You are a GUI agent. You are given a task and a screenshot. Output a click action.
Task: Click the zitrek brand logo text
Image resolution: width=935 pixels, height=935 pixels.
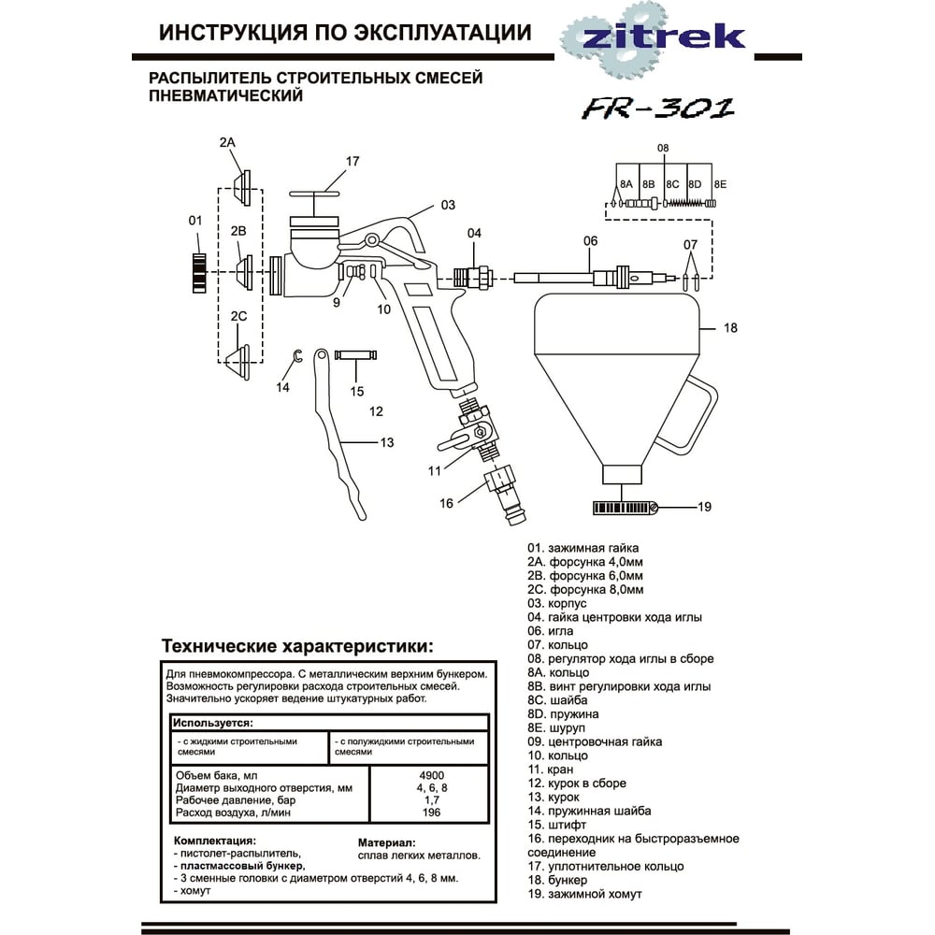(x=664, y=36)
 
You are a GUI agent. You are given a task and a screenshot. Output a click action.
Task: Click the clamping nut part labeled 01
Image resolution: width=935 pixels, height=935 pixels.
(x=198, y=272)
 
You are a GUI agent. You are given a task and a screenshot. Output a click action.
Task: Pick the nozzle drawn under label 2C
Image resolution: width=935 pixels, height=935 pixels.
(x=241, y=360)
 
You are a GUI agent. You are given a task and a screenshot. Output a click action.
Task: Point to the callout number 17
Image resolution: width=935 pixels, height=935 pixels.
(x=352, y=161)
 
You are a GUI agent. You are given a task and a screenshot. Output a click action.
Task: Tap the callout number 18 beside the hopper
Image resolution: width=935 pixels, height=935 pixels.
(x=730, y=328)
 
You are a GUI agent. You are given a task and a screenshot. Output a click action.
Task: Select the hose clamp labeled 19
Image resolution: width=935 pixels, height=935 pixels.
(x=625, y=508)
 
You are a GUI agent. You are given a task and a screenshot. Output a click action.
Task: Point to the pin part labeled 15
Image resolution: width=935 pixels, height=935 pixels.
(x=356, y=357)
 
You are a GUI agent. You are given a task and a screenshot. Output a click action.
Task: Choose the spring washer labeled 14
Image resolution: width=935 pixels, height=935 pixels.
(x=297, y=356)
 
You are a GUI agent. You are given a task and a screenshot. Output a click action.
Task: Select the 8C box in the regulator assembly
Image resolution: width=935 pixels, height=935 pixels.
(x=673, y=185)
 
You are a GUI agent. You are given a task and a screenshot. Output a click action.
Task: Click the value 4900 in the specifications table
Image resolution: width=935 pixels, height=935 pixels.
(x=431, y=775)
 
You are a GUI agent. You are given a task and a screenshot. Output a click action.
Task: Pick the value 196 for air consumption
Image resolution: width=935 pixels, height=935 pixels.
(x=431, y=813)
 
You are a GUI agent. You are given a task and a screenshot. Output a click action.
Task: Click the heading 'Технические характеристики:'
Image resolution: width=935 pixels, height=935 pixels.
(x=297, y=646)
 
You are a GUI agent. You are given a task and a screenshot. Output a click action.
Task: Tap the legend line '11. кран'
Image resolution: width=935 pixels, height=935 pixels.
(x=550, y=769)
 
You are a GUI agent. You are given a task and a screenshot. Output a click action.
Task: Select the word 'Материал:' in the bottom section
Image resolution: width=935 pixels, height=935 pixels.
(x=387, y=841)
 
